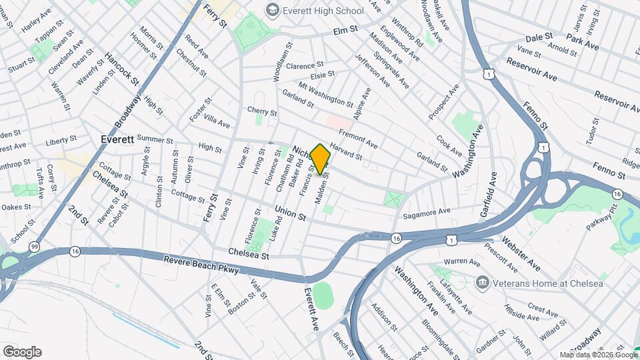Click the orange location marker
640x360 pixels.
pyautogui.click(x=321, y=159)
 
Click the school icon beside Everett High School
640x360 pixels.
pyautogui.click(x=272, y=10)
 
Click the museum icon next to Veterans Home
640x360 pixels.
pyautogui.click(x=481, y=283)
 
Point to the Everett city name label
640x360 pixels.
pyautogui.click(x=117, y=140)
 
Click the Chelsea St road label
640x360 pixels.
pyautogui.click(x=248, y=254)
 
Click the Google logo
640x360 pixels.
pyautogui.click(x=22, y=352)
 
